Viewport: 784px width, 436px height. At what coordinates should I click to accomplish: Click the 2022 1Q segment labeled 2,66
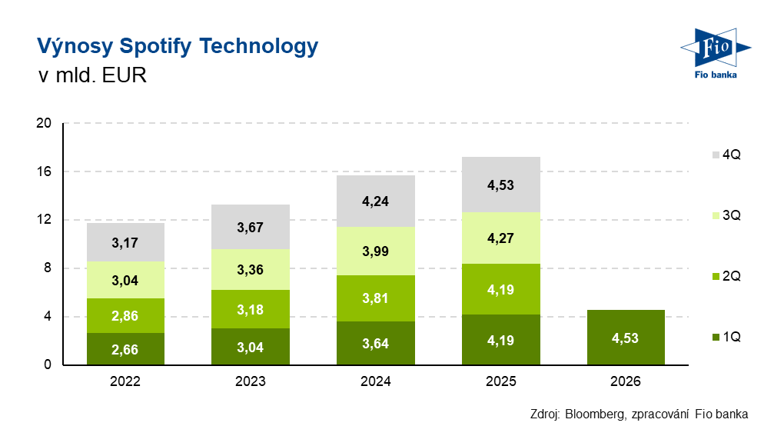(x=125, y=348)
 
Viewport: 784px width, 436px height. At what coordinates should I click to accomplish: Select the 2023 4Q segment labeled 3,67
(x=251, y=227)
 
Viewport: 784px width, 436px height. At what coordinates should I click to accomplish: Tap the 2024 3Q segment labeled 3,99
(x=376, y=251)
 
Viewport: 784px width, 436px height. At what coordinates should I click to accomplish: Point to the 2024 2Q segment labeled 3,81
(x=376, y=298)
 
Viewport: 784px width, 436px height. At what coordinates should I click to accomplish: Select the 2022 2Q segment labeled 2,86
(x=125, y=315)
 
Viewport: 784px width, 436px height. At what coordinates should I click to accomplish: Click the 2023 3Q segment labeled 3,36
(x=251, y=269)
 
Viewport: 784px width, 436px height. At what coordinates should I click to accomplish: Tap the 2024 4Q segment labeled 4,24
(x=376, y=201)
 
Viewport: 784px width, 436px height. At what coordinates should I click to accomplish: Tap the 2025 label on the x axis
(x=501, y=381)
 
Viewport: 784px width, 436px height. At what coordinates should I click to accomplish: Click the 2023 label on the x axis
(x=251, y=381)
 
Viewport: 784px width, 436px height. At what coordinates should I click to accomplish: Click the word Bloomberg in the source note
(x=594, y=414)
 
